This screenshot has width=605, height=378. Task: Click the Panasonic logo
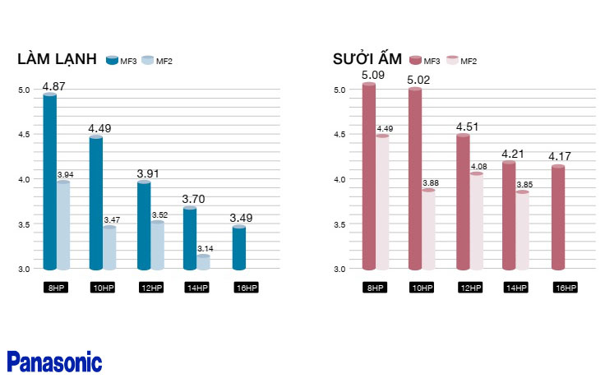(x=54, y=362)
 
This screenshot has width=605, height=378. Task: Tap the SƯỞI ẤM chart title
(x=367, y=59)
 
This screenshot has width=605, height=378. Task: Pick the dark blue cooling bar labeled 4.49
(x=96, y=202)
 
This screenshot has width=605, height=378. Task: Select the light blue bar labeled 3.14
(x=203, y=262)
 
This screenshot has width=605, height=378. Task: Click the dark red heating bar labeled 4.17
(x=558, y=217)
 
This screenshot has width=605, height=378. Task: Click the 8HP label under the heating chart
(x=375, y=288)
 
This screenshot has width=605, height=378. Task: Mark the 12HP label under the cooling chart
(x=150, y=288)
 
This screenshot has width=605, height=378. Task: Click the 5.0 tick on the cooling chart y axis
(x=24, y=90)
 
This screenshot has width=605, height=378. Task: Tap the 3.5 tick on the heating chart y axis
(x=339, y=224)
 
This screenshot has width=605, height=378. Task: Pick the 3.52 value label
(x=159, y=214)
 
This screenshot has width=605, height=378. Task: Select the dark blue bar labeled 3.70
(x=190, y=237)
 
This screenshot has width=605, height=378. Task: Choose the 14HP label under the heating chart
(x=516, y=288)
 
